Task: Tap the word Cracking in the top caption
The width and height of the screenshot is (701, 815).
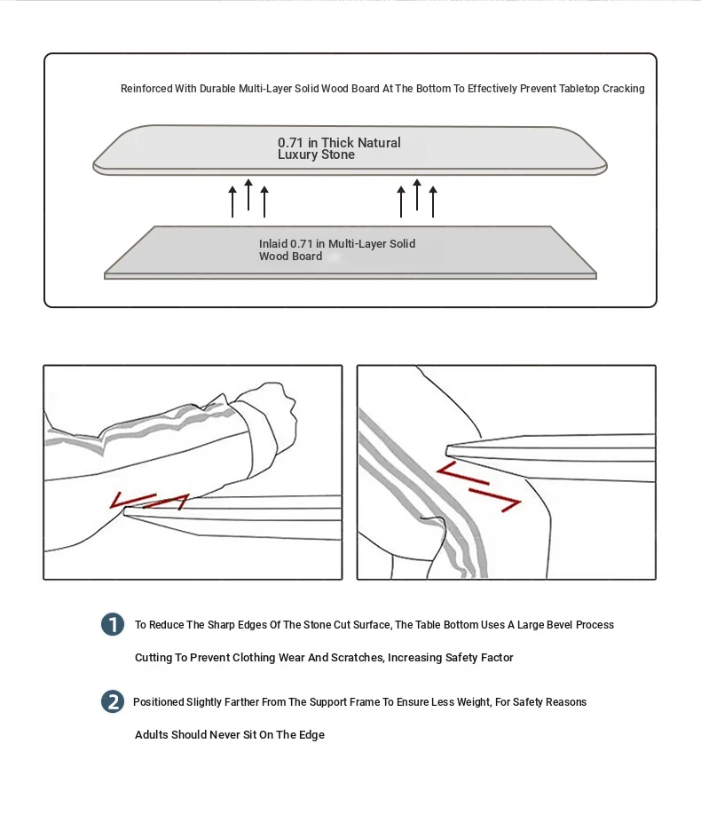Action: (624, 89)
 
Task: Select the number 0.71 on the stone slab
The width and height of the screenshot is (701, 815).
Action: (291, 143)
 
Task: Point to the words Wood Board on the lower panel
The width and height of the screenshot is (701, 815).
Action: (290, 257)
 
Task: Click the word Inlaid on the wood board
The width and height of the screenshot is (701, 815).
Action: (273, 243)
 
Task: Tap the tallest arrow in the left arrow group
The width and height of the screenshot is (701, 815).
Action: (248, 194)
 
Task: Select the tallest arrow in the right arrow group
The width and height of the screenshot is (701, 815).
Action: (417, 194)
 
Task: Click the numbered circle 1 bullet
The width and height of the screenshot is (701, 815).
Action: (113, 624)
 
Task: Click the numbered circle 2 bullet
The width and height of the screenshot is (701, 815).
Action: (113, 701)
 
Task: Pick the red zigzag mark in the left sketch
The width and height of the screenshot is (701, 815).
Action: (149, 502)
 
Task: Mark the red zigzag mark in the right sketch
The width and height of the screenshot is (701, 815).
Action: (479, 486)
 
